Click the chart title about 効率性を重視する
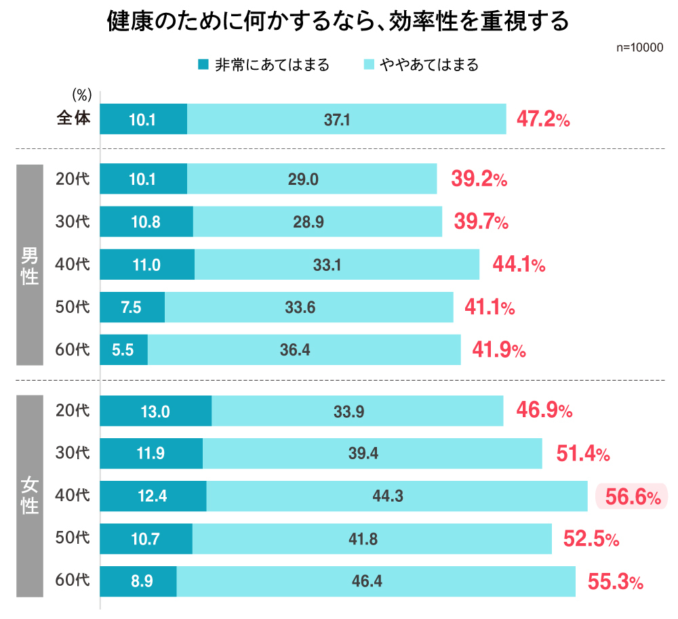338,21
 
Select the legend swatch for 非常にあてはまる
203,65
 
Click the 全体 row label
73,119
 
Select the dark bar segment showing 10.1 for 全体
143,119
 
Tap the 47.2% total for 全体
543,120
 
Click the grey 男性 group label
30,265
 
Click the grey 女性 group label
30,496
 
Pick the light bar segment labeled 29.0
312,179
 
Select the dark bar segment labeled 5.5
123,350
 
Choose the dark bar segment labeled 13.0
155,411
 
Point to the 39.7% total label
481,221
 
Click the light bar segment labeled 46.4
376,582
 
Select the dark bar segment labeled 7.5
132,307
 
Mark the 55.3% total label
614,582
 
